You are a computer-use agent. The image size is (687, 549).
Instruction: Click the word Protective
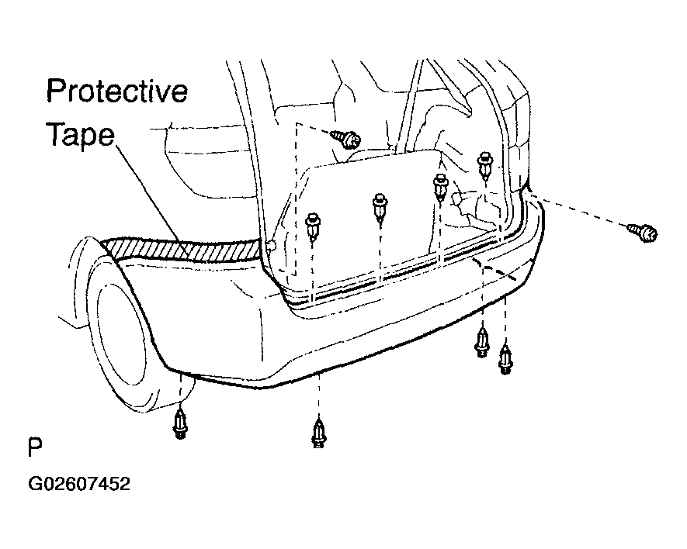(117, 91)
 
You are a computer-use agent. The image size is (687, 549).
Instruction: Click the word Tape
(81, 134)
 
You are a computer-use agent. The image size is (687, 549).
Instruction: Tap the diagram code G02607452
(79, 484)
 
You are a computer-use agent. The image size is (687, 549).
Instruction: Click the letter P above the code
(35, 447)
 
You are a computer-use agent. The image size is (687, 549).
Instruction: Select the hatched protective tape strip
(184, 250)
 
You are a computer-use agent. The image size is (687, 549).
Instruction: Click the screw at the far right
(642, 232)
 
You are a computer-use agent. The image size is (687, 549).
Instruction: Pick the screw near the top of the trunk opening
(346, 138)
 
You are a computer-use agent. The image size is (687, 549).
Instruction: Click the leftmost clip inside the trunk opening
(313, 226)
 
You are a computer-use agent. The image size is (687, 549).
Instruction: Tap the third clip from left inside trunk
(440, 188)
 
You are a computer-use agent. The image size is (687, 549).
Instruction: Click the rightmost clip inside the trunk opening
(485, 165)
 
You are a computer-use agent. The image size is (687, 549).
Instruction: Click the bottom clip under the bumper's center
(319, 433)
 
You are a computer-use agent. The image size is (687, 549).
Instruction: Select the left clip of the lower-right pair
(482, 343)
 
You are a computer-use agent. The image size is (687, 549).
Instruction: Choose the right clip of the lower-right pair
(505, 360)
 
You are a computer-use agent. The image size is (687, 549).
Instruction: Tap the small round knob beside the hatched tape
(271, 246)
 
